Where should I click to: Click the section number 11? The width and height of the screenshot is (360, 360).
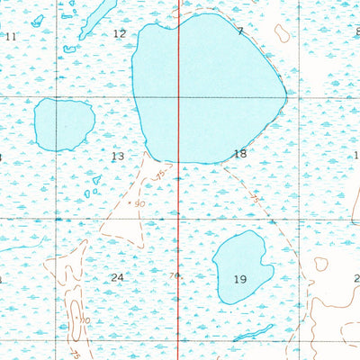click(x=10, y=36)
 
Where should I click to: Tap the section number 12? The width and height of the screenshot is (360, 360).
click(x=120, y=33)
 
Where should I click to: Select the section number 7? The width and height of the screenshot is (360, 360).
click(x=240, y=31)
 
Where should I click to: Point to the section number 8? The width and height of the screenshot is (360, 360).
click(x=357, y=31)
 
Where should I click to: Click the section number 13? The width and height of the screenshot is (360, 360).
click(x=118, y=157)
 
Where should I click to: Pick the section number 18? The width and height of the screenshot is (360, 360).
click(x=239, y=154)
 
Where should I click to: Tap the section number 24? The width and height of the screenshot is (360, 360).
click(x=117, y=277)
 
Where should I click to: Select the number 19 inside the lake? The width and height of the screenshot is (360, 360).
click(x=239, y=279)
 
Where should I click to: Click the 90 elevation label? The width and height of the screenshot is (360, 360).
click(x=139, y=204)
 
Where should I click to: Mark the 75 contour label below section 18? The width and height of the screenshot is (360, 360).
click(x=255, y=196)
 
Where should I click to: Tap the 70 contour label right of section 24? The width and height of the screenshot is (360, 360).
click(x=175, y=275)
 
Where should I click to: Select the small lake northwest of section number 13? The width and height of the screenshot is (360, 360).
click(x=64, y=124)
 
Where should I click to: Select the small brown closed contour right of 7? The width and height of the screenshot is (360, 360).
click(x=282, y=33)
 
